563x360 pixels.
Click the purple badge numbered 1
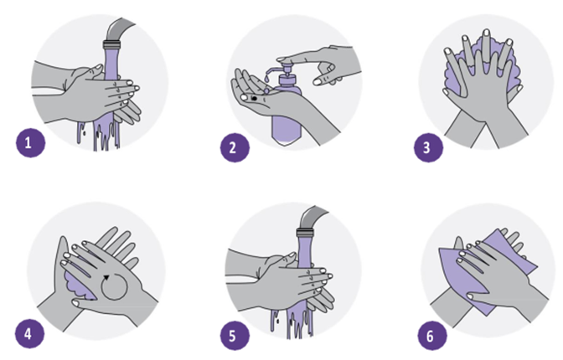point(30,143)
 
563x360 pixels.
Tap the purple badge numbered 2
point(235,147)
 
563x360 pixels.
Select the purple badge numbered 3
point(428,147)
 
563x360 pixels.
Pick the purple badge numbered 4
point(30,334)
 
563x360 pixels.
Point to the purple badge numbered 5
point(235,336)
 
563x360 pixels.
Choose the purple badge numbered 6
point(432,336)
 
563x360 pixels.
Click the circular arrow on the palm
point(114,286)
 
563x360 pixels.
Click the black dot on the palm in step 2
point(254,98)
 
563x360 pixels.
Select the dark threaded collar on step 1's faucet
point(111,45)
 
